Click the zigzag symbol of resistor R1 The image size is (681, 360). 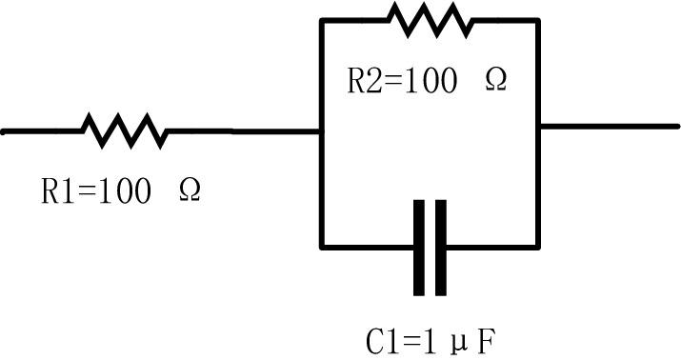(124, 130)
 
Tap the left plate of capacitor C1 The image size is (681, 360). (419, 247)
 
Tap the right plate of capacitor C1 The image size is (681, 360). (439, 247)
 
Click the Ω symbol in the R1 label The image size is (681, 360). (190, 191)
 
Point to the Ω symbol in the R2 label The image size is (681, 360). (496, 81)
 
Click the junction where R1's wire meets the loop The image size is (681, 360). (321, 130)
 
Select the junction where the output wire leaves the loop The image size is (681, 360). (538, 126)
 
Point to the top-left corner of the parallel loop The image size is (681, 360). (321, 20)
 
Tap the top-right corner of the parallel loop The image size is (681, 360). (538, 20)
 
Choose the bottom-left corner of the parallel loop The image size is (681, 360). (321, 247)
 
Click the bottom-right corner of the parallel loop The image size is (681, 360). (538, 247)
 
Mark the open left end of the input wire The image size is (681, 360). (4, 130)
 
